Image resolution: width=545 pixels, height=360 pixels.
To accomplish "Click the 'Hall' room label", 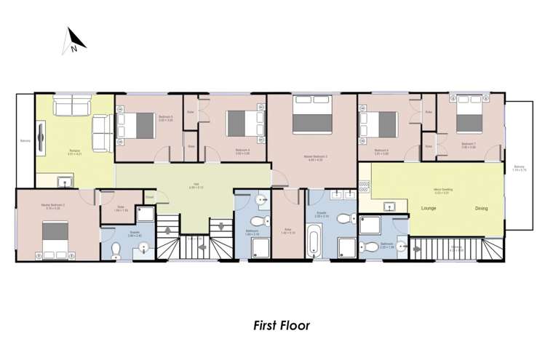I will click(x=195, y=184).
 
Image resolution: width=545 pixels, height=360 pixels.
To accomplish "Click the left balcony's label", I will click(x=25, y=141).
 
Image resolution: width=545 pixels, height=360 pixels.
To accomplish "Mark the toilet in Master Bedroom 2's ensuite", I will click(x=116, y=252).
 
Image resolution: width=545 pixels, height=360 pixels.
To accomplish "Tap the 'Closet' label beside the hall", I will click(x=148, y=196).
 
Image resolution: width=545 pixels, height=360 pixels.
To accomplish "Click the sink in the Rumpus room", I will click(x=64, y=183).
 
